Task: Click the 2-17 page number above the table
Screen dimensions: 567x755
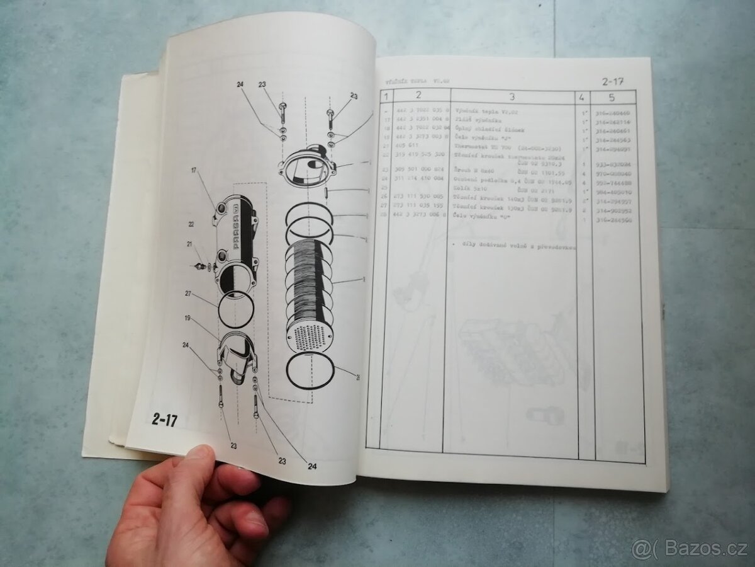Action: click(615, 80)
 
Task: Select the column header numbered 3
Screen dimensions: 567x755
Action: click(511, 96)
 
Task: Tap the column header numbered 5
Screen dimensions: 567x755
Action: click(612, 97)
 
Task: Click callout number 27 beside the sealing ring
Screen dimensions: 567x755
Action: click(187, 293)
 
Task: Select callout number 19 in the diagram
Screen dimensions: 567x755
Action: click(187, 319)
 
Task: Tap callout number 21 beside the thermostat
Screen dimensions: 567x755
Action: click(187, 244)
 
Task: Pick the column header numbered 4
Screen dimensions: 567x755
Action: click(581, 97)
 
